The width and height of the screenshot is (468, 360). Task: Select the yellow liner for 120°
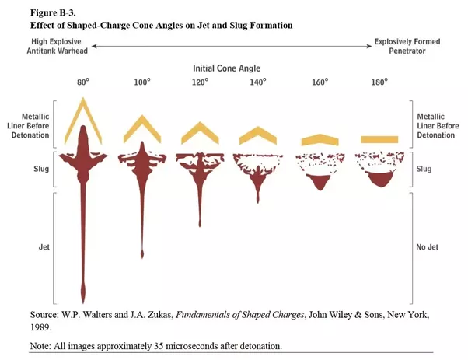[201, 131]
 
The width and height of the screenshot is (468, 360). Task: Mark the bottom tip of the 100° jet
[142, 255]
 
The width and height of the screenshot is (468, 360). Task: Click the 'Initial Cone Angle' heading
[232, 68]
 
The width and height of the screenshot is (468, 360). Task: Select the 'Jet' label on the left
[44, 247]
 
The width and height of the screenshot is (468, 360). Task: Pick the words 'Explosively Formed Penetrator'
[405, 47]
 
